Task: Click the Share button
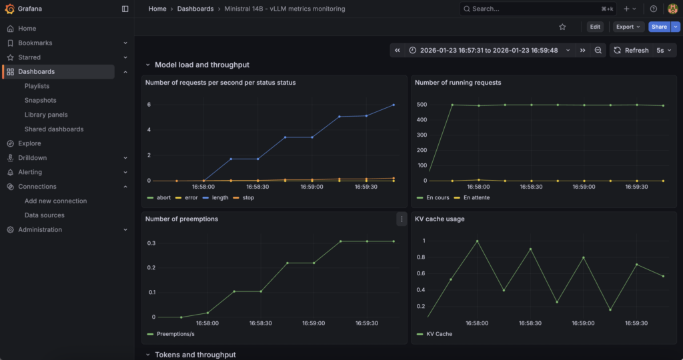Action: point(659,27)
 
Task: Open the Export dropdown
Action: point(628,27)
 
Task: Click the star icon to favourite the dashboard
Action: point(562,27)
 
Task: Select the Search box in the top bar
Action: point(538,9)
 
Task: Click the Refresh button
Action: point(632,51)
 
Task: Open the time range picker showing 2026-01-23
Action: point(489,51)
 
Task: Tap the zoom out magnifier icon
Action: point(598,51)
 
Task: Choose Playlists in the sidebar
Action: point(37,86)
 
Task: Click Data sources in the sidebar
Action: point(45,215)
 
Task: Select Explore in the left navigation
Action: point(29,143)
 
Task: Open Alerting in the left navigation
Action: point(30,173)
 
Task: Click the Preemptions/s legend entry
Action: point(171,334)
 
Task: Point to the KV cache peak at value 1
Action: point(478,241)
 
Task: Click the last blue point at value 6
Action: point(394,105)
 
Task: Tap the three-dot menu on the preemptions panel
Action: point(402,219)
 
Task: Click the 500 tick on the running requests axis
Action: point(422,105)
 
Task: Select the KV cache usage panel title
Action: point(440,219)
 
